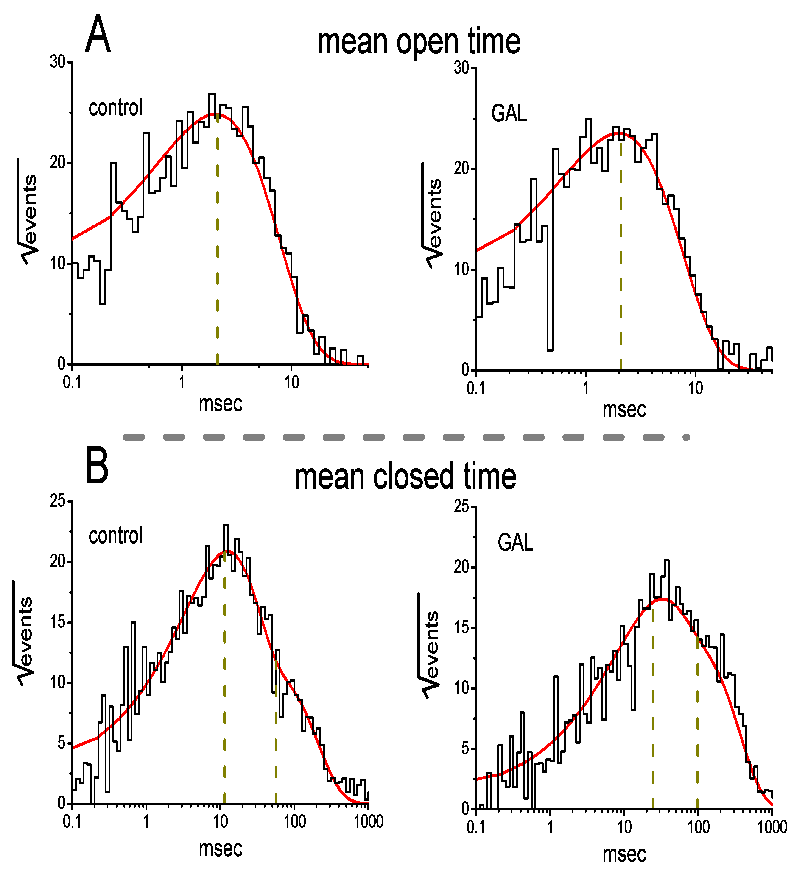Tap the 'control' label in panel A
coord(115,108)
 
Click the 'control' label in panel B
coord(115,536)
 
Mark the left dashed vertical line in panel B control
coord(224,691)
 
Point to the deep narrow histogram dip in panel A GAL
coord(550,302)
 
